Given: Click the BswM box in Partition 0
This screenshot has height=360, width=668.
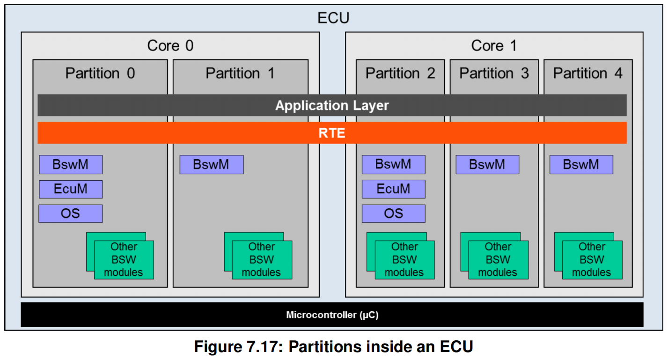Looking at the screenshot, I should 71,164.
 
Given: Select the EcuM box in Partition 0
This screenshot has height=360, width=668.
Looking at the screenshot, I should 71,189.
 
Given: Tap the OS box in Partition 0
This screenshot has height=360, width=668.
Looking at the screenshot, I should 71,213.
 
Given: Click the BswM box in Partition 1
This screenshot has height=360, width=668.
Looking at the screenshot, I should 212,164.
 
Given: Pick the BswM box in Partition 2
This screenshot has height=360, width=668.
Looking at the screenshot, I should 393,164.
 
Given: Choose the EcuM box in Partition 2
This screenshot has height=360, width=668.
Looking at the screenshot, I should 393,189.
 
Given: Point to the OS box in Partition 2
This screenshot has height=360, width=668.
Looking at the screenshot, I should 393,213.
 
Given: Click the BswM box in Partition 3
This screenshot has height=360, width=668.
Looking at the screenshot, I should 487,164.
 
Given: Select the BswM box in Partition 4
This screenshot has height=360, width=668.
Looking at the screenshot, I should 581,164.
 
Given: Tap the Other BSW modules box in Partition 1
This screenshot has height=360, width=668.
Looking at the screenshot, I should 262,259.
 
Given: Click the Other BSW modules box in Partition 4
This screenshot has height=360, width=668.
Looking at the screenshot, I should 592,259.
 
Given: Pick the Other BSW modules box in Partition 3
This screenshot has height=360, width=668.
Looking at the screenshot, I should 498,259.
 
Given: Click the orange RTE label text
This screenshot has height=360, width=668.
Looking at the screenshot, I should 332,133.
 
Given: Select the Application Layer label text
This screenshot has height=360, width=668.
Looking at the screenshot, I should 332,105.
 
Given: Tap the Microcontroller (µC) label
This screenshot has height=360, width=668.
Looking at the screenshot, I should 332,315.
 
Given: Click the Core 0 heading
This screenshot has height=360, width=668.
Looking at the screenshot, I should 170,45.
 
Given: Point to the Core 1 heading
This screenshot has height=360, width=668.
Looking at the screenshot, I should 494,45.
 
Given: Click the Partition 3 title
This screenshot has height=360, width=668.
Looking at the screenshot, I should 494,73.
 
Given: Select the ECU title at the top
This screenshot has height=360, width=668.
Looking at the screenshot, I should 333,19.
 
